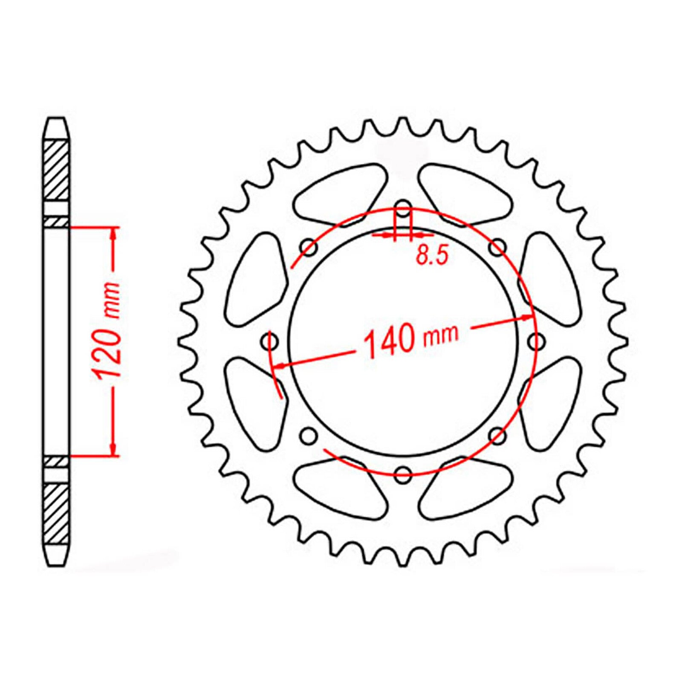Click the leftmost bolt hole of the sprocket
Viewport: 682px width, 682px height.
coord(269,341)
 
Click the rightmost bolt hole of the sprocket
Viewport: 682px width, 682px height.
coord(536,341)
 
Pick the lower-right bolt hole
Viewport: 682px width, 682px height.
coord(497,435)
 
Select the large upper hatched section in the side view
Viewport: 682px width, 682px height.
coord(56,169)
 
